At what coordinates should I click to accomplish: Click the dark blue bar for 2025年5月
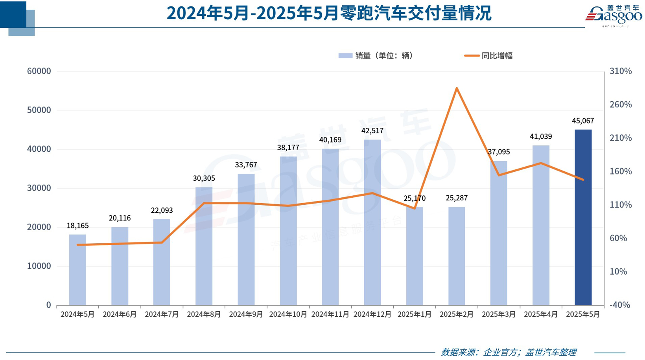point(583,217)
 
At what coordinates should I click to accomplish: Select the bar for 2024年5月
point(77,270)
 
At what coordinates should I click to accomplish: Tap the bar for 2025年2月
point(457,256)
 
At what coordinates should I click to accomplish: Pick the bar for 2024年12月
point(372,222)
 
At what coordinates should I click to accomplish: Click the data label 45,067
point(583,121)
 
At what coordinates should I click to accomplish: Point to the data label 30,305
point(204,178)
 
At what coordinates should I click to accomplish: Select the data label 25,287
point(457,198)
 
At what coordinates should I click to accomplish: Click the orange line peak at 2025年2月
point(457,88)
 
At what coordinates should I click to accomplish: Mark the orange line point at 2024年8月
point(204,203)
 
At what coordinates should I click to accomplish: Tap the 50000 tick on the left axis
point(39,110)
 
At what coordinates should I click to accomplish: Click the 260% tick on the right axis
point(621,105)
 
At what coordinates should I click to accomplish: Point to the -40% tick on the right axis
point(620,305)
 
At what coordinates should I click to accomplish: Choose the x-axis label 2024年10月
point(288,314)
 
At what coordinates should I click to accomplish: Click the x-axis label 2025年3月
point(499,314)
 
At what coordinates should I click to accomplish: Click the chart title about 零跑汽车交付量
point(329,13)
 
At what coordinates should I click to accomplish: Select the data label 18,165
point(77,226)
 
